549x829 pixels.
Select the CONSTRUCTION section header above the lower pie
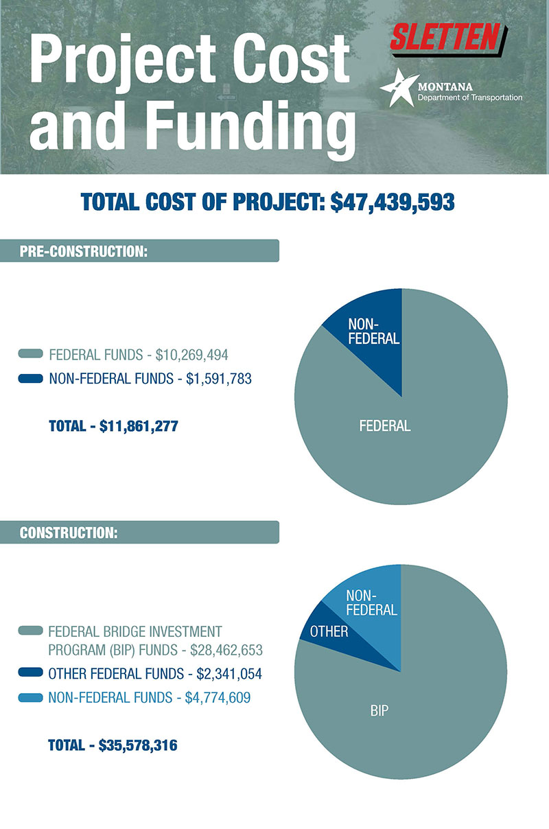pyautogui.click(x=69, y=533)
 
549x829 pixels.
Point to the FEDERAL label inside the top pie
pyautogui.click(x=384, y=425)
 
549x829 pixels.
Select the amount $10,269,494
pyautogui.click(x=191, y=355)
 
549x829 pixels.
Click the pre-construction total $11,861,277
pyautogui.click(x=139, y=426)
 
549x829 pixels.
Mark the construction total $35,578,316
pyautogui.click(x=138, y=745)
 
